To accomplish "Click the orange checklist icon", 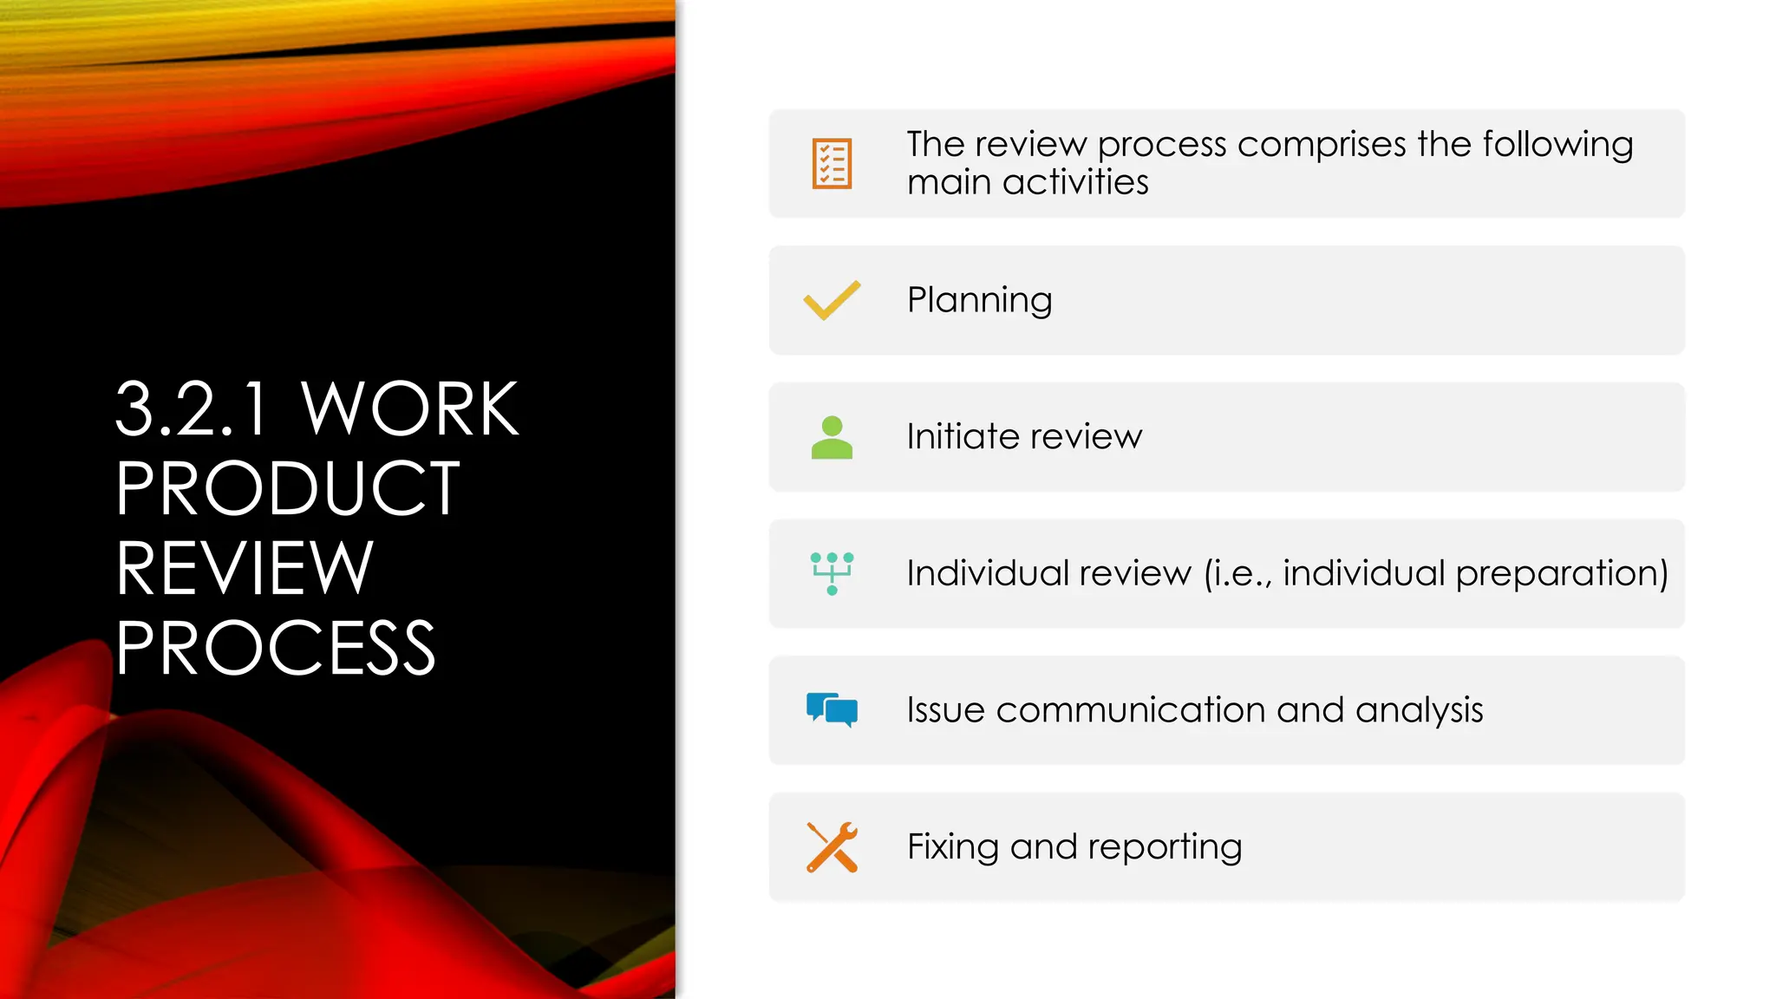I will click(x=832, y=163).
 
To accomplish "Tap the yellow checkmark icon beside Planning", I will click(x=832, y=300).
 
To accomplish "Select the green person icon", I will click(x=832, y=437).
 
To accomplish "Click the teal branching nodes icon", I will click(x=832, y=573).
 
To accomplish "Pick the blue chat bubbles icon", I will click(x=832, y=709).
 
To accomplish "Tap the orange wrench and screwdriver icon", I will click(x=832, y=846).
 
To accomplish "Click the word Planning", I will click(x=979, y=301).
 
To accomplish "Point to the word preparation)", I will click(x=1562, y=574).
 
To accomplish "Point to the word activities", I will click(x=1075, y=183).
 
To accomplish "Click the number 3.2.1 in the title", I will click(x=192, y=409).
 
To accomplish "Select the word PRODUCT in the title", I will click(x=288, y=489).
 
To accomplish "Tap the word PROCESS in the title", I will click(x=276, y=649).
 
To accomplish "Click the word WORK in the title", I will click(x=409, y=409).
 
